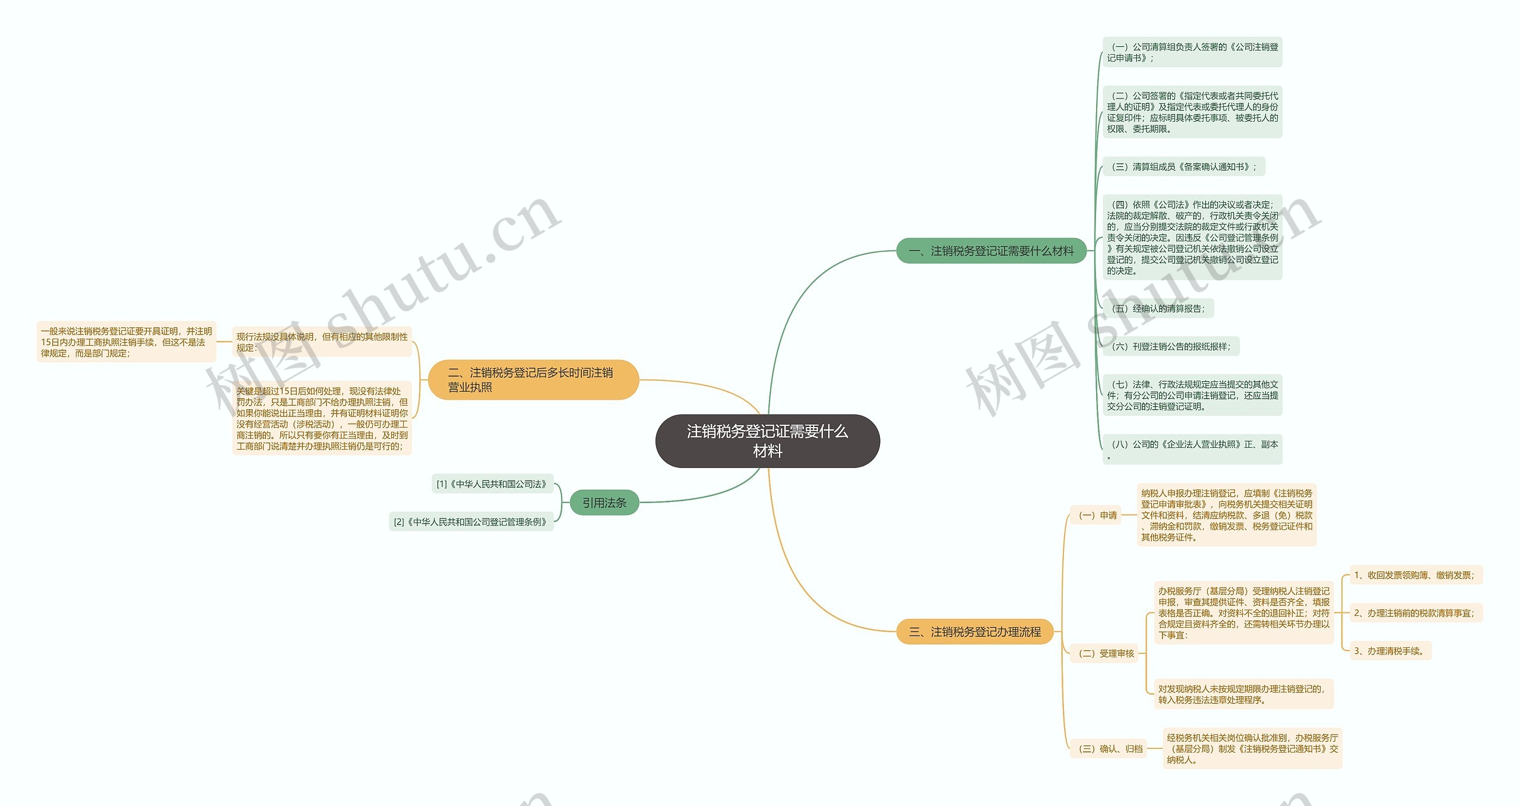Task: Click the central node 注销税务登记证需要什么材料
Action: pos(767,441)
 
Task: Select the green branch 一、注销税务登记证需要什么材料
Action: pos(991,251)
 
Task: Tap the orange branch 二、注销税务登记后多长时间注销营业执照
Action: pos(533,380)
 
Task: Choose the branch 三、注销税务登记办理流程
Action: pos(974,632)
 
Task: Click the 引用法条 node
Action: pos(604,502)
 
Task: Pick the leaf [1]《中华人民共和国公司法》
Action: pos(492,484)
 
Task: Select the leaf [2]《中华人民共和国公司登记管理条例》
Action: pos(471,521)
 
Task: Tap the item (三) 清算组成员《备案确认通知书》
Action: pos(1183,167)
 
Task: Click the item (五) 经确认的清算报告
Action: pos(1158,308)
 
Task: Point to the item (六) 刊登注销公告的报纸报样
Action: pos(1170,346)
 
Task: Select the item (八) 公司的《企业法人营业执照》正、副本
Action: pos(1192,449)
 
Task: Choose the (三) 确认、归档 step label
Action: pos(1108,748)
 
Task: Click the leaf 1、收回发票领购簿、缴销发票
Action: pos(1415,575)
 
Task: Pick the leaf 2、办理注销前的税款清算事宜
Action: pos(1415,613)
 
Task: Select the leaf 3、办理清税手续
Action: pos(1390,651)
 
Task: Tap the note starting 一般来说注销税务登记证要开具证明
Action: pos(126,342)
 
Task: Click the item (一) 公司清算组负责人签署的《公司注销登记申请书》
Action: pos(1192,52)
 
